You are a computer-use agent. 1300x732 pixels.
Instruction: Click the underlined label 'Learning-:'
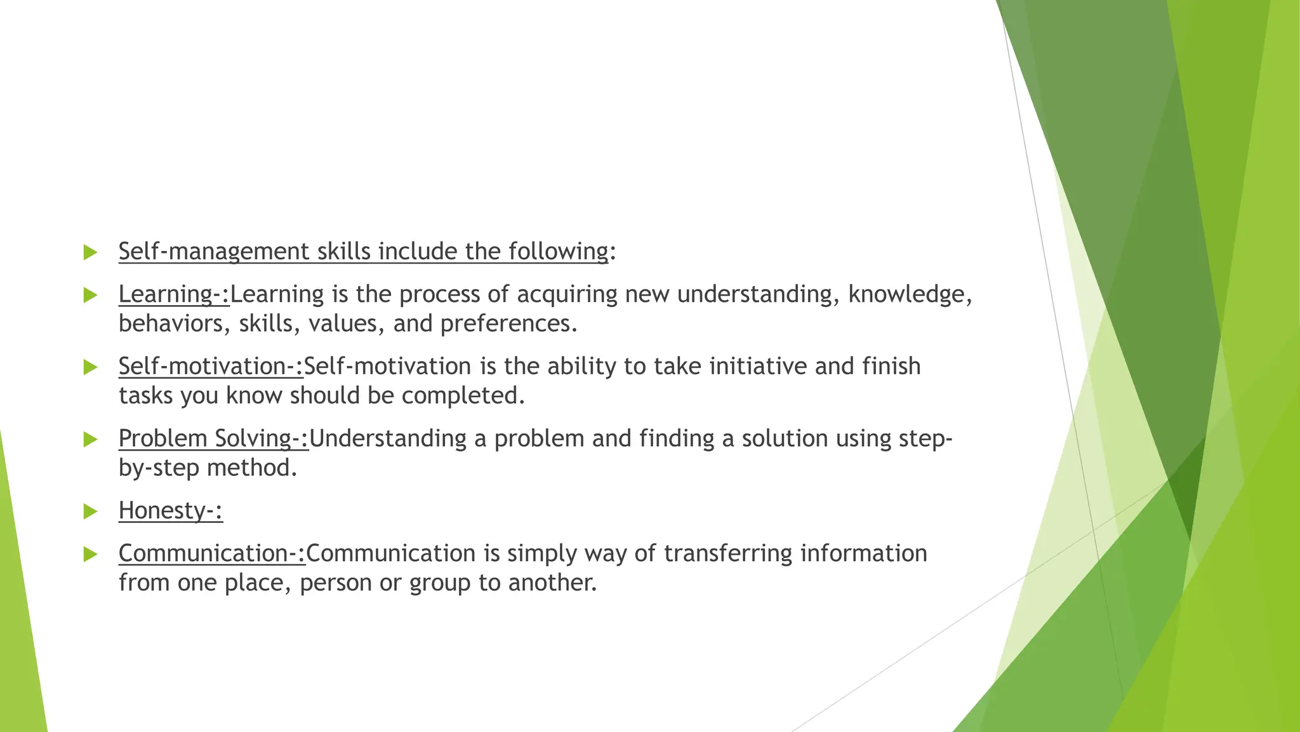pyautogui.click(x=173, y=294)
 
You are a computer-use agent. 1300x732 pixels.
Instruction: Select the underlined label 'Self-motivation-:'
pyautogui.click(x=210, y=367)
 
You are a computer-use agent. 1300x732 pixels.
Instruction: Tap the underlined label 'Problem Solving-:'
pyautogui.click(x=213, y=438)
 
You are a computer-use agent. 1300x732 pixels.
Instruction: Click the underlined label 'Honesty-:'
pyautogui.click(x=170, y=511)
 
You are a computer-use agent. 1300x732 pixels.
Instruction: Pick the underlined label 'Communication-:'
pyautogui.click(x=211, y=553)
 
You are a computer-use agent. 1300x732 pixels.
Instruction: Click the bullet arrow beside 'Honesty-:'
pyautogui.click(x=90, y=511)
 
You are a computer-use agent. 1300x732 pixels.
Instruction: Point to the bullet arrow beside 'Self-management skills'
pyautogui.click(x=90, y=252)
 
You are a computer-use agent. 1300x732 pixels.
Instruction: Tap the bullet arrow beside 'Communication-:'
pyautogui.click(x=90, y=554)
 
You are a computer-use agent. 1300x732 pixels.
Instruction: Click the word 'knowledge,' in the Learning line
pyautogui.click(x=910, y=294)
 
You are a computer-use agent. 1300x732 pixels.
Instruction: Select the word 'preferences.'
pyautogui.click(x=509, y=324)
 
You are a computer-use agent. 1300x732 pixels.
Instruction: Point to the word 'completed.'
pyautogui.click(x=463, y=396)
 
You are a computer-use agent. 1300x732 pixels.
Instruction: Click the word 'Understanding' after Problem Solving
pyautogui.click(x=387, y=438)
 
